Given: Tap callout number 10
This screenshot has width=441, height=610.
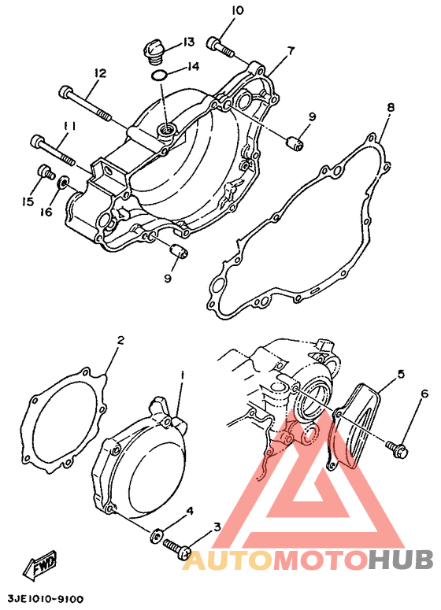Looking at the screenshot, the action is pos(237,10).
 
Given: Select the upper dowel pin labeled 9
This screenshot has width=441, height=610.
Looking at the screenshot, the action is pos(295,143).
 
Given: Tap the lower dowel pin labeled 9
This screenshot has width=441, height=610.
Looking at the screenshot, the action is pos(180,251).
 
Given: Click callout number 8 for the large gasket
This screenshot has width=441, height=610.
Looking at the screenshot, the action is pos(391,106).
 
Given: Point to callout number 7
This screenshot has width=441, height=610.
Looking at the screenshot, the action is pos(291,50).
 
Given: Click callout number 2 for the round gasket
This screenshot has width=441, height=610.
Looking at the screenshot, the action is pos(120,340).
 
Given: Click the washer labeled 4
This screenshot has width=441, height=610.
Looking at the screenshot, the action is pos(157,536).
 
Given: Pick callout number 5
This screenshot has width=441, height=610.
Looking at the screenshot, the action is pos(401,374).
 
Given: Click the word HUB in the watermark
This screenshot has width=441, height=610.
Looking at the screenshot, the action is pos(402,560).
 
